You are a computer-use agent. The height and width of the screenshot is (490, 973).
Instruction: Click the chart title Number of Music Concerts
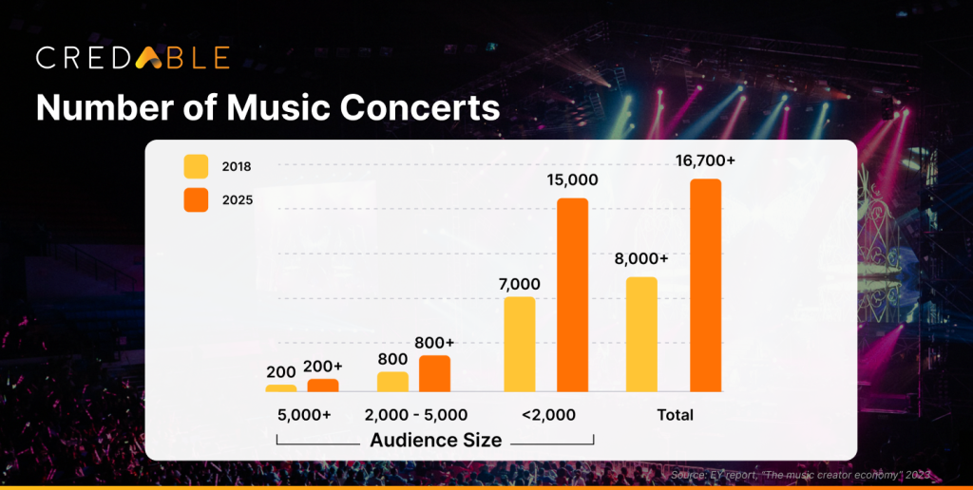(268, 107)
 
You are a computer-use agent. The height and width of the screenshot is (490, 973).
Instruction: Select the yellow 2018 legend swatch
(196, 166)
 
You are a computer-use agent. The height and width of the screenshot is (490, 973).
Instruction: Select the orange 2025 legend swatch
(196, 200)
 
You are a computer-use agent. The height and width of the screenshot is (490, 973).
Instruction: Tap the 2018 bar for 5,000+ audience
(280, 387)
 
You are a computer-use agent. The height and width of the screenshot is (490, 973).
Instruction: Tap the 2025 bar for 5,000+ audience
(323, 385)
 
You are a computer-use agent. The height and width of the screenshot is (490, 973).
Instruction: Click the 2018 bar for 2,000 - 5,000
(392, 381)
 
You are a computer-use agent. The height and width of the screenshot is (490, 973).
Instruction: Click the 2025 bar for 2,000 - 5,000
(434, 373)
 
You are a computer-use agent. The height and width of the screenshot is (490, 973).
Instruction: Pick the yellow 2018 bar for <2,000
(520, 344)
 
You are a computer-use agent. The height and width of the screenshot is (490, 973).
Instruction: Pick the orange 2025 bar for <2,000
(572, 294)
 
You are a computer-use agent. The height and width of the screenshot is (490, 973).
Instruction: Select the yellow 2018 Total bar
(641, 333)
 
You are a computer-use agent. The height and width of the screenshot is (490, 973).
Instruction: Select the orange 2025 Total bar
(705, 285)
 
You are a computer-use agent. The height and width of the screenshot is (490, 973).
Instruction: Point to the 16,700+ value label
(705, 161)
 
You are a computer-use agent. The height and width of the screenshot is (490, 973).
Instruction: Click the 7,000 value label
(520, 283)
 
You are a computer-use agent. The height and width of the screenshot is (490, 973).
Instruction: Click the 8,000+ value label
(642, 258)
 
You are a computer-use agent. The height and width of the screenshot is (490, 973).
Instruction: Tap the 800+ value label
(434, 342)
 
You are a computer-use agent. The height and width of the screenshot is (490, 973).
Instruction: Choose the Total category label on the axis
(675, 415)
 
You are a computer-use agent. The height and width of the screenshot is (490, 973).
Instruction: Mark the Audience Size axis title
(435, 440)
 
